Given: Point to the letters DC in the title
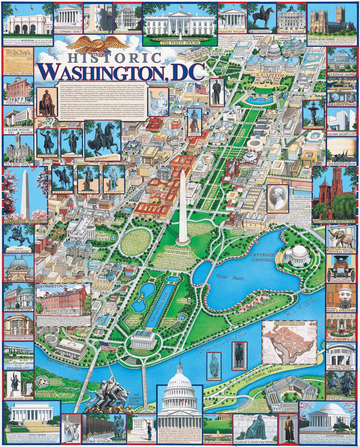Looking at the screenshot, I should [188, 72].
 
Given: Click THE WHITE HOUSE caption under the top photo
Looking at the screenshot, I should [180, 43].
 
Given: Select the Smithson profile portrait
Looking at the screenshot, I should [278, 198].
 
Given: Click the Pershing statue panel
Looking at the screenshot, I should [88, 177].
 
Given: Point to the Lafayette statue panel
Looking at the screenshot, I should [71, 142].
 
